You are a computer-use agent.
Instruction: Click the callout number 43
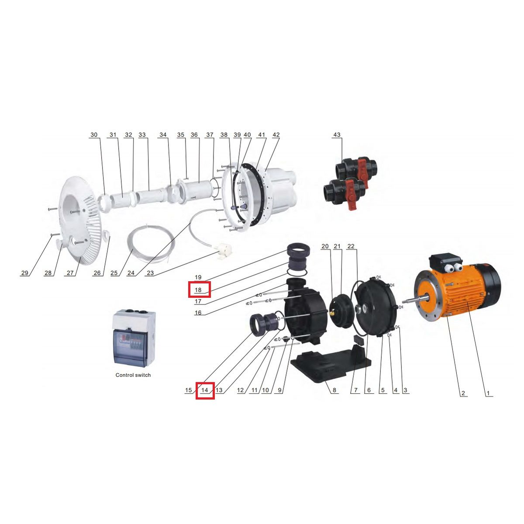click(337, 134)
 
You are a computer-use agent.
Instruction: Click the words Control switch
click(133, 375)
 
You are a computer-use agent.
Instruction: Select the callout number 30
click(94, 134)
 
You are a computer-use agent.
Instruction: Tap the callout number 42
click(276, 134)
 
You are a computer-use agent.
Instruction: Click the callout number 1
click(488, 393)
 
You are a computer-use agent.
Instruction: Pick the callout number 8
click(334, 390)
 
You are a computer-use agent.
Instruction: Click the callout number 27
click(70, 273)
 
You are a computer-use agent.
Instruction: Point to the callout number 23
click(150, 273)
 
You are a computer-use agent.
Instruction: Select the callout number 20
click(325, 246)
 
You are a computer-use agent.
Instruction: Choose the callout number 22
click(351, 246)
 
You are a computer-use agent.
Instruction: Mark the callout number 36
click(194, 134)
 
